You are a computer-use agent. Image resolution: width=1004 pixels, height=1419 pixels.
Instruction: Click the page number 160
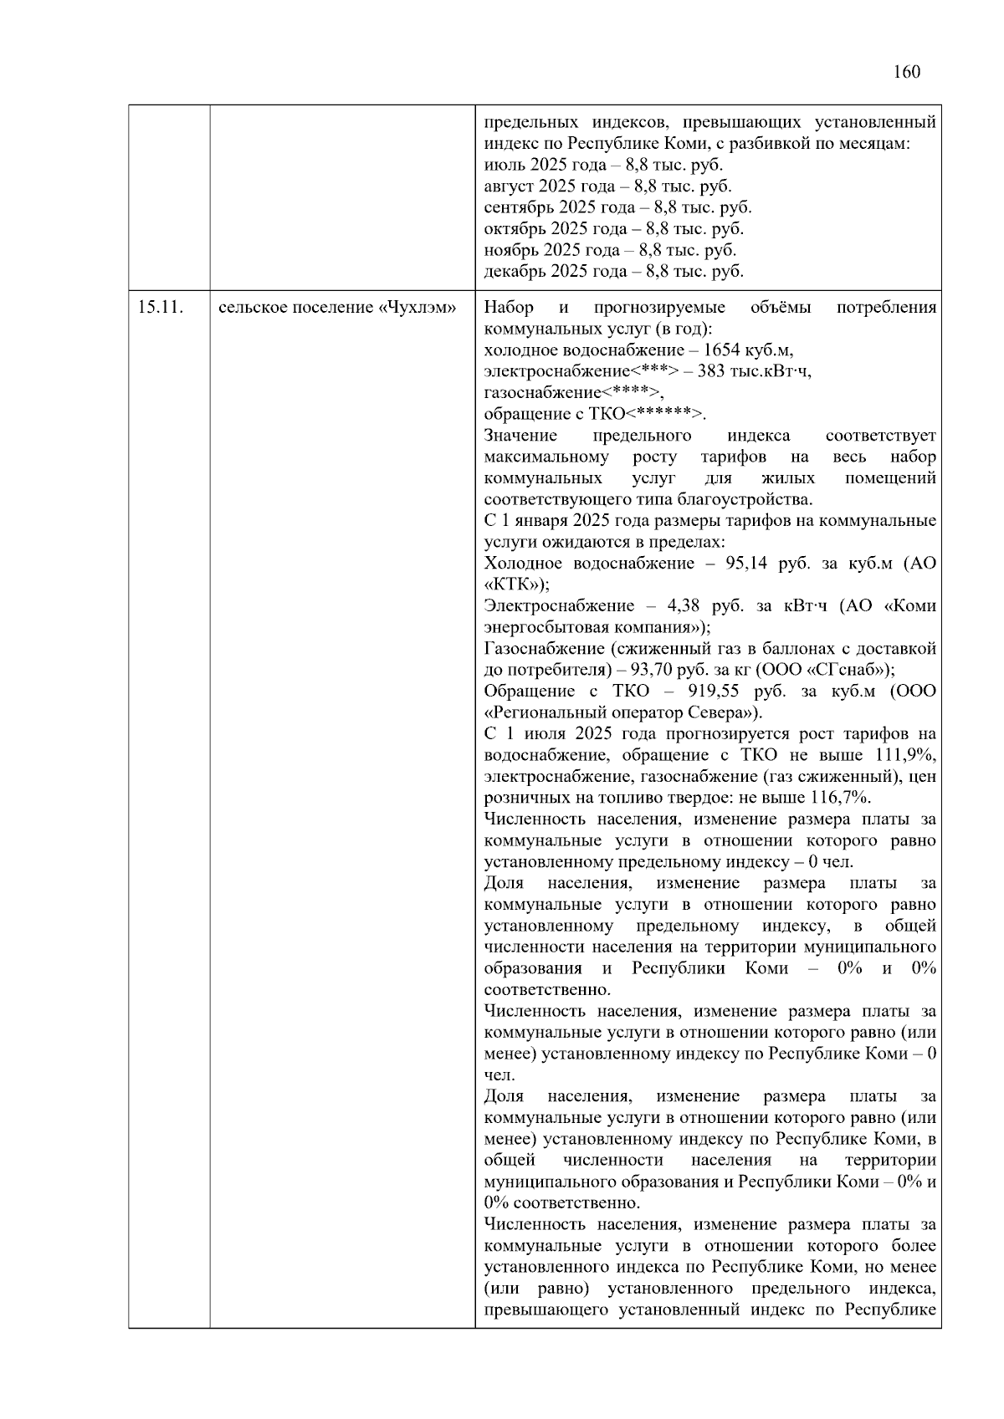click(906, 72)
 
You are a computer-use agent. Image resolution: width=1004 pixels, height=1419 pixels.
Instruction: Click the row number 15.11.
click(160, 307)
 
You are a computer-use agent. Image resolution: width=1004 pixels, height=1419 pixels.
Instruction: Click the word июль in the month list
click(502, 166)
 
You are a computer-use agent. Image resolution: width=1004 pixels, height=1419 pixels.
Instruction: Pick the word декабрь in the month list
click(512, 272)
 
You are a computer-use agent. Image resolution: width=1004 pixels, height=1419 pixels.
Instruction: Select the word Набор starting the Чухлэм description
click(509, 307)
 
